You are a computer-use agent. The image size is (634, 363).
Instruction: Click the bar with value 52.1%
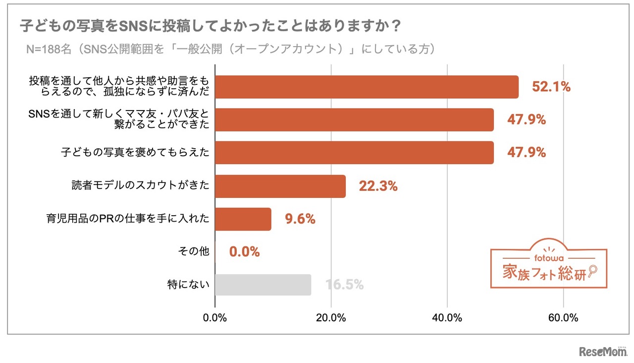(367, 87)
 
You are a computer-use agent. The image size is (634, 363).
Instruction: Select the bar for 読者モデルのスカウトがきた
(280, 186)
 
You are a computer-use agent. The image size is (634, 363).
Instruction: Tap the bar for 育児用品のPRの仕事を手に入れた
(243, 219)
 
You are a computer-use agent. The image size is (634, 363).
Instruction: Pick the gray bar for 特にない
(263, 285)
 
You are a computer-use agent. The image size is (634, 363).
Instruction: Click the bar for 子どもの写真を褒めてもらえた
(354, 153)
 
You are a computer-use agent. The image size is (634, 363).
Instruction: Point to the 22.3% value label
(378, 186)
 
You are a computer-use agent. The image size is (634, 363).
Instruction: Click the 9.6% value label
(300, 219)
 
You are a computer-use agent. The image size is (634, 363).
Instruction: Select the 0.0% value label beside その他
(244, 252)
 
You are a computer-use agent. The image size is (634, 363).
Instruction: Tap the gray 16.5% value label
(344, 285)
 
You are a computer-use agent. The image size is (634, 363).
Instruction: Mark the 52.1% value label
(551, 87)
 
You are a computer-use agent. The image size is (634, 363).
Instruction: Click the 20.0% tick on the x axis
(331, 318)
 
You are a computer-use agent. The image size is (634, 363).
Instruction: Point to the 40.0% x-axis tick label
(447, 318)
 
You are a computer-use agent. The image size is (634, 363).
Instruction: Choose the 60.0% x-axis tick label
(564, 318)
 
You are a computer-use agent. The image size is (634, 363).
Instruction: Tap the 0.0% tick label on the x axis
(215, 318)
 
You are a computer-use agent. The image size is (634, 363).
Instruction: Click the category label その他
(194, 252)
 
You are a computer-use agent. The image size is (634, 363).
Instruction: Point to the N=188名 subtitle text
(230, 49)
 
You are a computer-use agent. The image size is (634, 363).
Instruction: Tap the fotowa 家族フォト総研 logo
(549, 265)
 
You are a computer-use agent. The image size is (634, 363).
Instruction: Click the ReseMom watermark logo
(603, 352)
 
